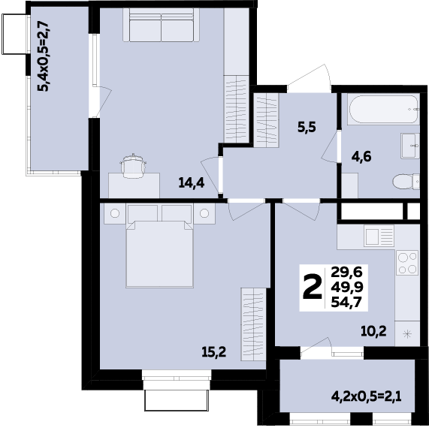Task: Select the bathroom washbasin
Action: coord(409,145)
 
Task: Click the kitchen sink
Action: coord(379,237)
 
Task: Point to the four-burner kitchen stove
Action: coord(407,264)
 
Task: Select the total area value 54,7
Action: coord(345,302)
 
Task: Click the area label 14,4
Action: coord(191,182)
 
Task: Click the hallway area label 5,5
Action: coord(306,127)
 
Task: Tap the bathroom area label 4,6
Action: coord(362,157)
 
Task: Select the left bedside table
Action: coord(114,214)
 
